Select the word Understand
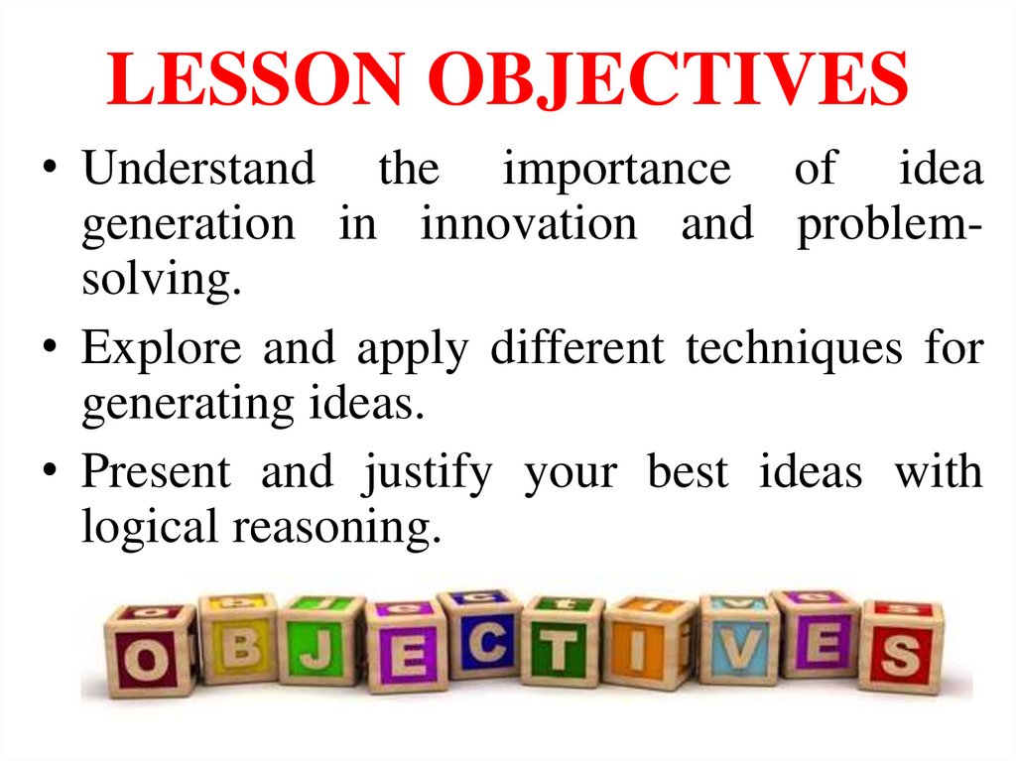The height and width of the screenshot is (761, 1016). [197, 169]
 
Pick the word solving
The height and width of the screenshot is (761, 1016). [162, 281]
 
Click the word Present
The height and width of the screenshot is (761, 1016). [156, 472]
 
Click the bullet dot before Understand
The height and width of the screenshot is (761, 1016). [56, 169]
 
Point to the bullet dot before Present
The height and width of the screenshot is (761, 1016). [56, 472]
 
